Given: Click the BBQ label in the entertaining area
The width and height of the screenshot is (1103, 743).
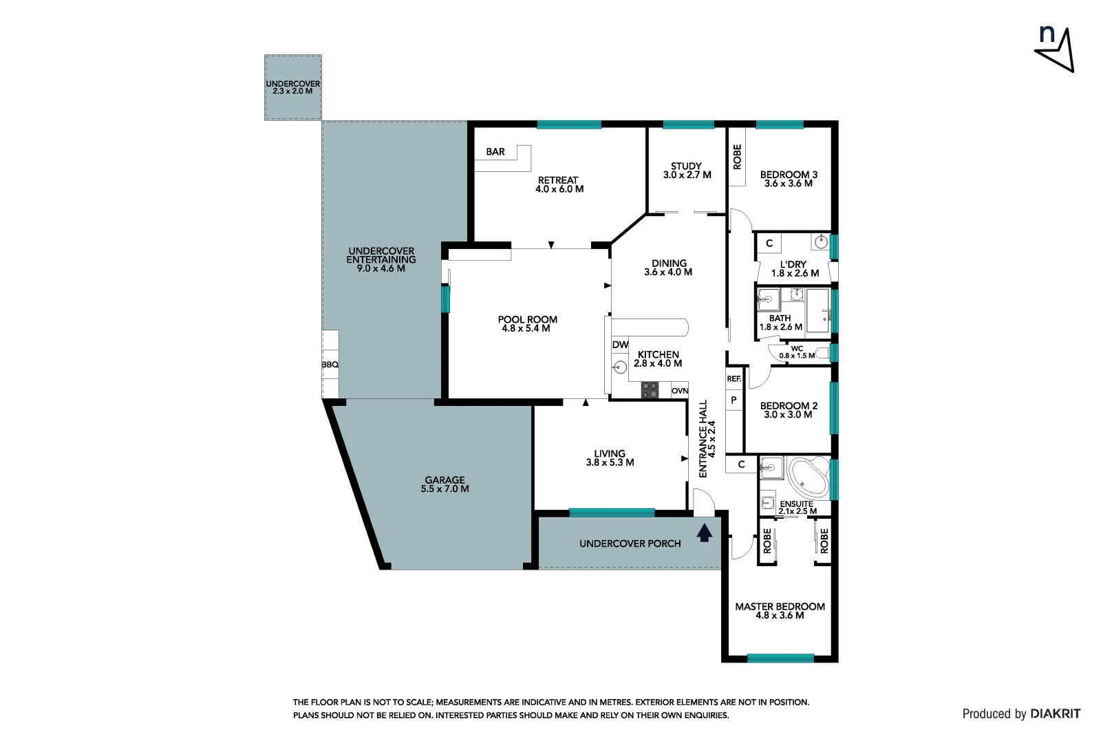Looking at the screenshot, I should [330, 365].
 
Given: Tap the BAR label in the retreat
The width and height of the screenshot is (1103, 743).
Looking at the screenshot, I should [495, 152].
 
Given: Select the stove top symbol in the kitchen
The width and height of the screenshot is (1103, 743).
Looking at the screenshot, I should [650, 390].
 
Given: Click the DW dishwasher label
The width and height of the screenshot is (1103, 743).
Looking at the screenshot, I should [620, 345].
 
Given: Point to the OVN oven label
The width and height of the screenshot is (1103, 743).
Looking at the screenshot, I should [680, 391].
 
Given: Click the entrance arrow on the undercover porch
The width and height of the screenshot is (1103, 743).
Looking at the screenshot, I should [704, 533].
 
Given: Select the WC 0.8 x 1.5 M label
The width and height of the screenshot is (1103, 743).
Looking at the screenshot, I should [797, 352].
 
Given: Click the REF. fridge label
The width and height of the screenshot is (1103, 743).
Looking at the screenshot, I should [733, 379].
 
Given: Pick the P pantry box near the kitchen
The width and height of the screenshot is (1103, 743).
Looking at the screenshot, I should [733, 400].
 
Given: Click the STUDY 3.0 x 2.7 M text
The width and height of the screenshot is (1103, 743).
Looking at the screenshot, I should [687, 171].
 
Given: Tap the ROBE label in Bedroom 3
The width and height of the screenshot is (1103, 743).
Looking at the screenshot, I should [738, 157].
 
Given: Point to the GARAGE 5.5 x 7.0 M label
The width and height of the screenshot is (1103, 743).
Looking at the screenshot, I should [445, 484].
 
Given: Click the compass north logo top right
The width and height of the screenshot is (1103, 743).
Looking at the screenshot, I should [1054, 48].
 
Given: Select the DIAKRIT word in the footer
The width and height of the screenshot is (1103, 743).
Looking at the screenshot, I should [1056, 714].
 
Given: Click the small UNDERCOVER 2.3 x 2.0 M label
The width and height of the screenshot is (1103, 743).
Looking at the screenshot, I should [293, 87].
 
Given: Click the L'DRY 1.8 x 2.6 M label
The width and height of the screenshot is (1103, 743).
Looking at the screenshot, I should [794, 269].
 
